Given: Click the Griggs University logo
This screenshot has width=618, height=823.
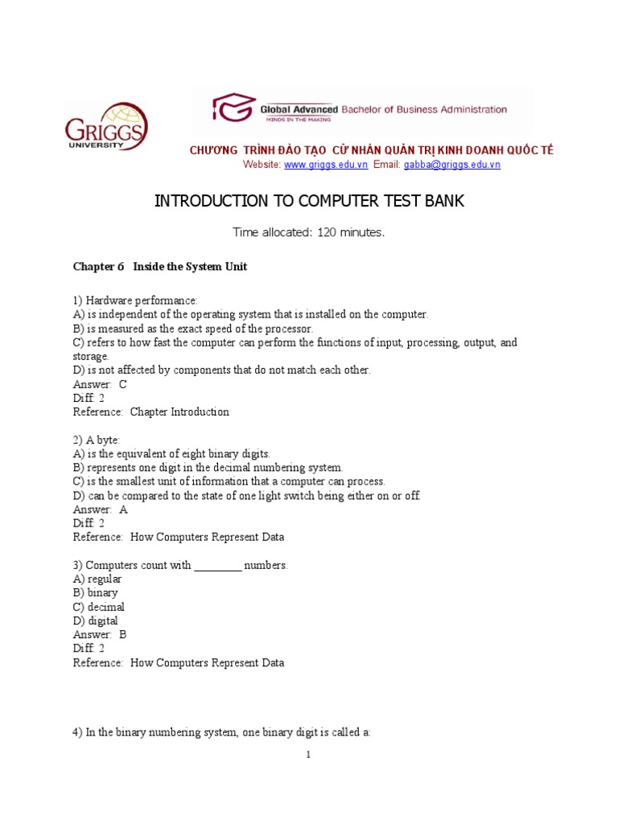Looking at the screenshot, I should pos(106,127).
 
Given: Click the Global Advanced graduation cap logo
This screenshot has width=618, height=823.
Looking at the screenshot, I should pos(233,109).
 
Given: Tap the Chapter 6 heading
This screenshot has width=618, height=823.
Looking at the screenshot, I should pos(159,267).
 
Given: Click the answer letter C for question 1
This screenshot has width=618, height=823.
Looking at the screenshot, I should pos(123,384).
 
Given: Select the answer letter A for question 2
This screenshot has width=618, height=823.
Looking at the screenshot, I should pos(123,510).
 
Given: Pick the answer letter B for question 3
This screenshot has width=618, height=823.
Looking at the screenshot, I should pos(123,635).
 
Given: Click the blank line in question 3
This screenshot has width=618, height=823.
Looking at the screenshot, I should pos(217,566).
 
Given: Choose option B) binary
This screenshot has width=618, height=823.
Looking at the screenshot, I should pos(95,593).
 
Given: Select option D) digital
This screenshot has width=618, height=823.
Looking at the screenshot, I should pos(95,621).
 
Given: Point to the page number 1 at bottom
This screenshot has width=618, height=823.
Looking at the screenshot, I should pos(308,755).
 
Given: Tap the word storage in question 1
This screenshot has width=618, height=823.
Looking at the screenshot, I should pos(90,356).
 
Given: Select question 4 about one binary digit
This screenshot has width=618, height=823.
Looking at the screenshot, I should pos(221,733).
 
